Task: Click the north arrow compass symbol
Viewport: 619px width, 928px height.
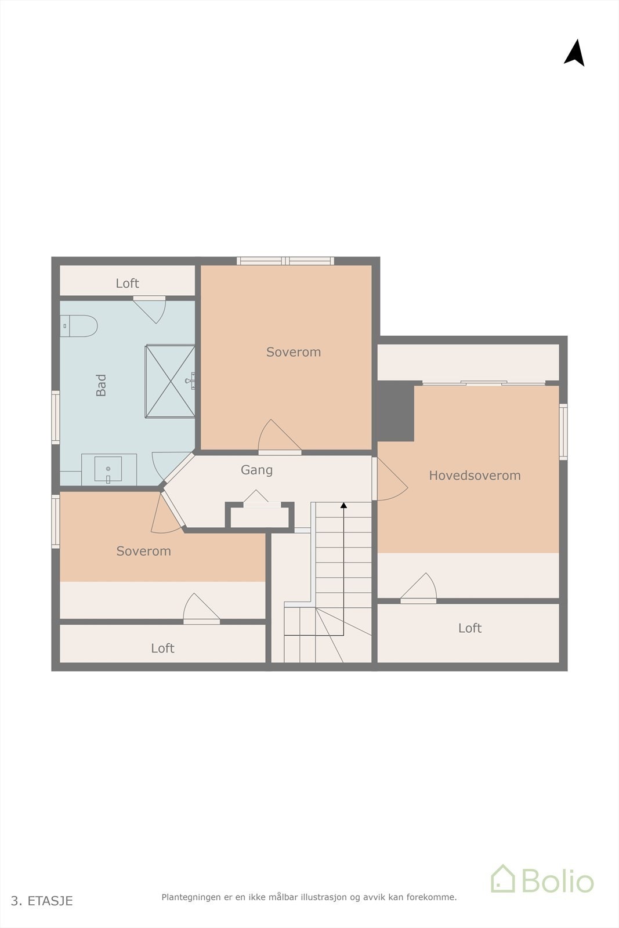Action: pos(574,53)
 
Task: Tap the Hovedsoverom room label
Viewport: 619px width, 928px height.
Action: pos(475,476)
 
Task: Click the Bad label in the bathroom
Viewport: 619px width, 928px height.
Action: pos(102,385)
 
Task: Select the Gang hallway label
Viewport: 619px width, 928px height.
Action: pos(256,470)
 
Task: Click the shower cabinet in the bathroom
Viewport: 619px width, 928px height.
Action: pos(170,380)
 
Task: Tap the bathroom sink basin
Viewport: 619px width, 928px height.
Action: pos(108,469)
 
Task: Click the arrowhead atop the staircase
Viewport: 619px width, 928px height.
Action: pos(343,506)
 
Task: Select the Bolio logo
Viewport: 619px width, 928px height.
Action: pos(542,880)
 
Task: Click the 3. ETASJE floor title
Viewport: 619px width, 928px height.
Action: pos(42,901)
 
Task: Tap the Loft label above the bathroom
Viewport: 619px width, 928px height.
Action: pos(127,283)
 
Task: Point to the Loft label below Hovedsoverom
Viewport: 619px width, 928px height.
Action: pos(470,628)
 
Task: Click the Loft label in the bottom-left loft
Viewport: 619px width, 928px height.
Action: pos(162,648)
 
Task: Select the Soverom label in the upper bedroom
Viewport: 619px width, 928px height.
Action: pos(294,352)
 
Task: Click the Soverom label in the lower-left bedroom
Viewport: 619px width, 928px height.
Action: pos(144,551)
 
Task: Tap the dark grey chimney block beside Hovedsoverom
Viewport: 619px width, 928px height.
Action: pos(396,411)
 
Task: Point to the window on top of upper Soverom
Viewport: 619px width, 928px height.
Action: pos(285,261)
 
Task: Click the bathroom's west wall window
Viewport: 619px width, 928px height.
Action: pos(56,418)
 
